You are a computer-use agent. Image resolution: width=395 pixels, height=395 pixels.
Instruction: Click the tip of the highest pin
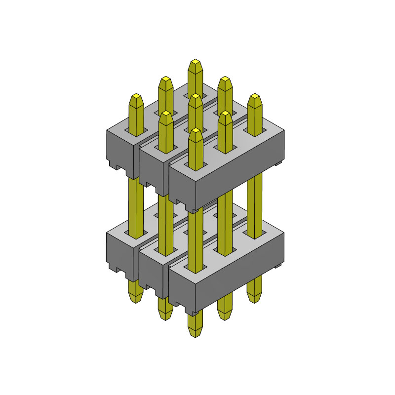[196, 63]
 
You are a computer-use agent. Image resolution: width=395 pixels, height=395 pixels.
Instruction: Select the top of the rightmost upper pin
[255, 97]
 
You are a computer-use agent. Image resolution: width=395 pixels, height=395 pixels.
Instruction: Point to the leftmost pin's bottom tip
[136, 299]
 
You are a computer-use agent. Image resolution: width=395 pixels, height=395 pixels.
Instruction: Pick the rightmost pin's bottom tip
[255, 299]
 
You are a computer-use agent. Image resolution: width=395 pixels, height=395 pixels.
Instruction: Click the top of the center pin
[196, 97]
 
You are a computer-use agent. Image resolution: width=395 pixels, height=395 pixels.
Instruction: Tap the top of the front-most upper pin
[196, 131]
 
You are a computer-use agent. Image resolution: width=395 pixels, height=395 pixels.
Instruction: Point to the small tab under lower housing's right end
[279, 267]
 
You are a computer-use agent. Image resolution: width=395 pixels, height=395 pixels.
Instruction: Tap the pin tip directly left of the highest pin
[166, 79]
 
